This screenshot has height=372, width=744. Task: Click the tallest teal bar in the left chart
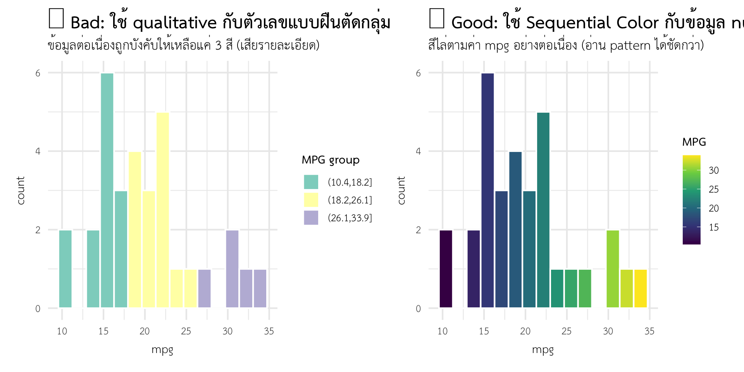(x=107, y=190)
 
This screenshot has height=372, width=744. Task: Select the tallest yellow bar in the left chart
(x=163, y=210)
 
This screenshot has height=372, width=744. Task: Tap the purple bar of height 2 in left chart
(x=232, y=269)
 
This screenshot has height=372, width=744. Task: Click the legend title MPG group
(x=331, y=160)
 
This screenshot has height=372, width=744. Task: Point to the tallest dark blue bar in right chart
(x=487, y=190)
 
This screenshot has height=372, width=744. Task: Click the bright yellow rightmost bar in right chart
(x=641, y=288)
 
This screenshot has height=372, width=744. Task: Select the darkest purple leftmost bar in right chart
(x=446, y=269)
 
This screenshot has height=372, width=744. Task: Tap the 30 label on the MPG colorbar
(x=713, y=170)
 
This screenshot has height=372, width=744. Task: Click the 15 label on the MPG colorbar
(x=713, y=227)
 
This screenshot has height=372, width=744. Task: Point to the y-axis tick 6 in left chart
(x=38, y=73)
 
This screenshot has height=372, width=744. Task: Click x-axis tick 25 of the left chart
(x=186, y=331)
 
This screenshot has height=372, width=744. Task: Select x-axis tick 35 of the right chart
(x=649, y=331)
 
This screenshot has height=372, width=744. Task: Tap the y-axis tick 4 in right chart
(x=418, y=152)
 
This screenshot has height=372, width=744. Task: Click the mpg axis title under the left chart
(x=162, y=350)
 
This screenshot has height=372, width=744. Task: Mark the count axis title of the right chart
(x=401, y=190)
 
